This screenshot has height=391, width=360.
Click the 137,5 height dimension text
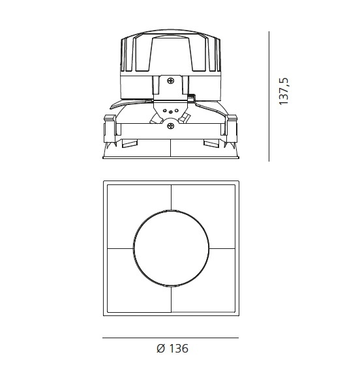tap(284, 91)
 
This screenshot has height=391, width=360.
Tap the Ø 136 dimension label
tap(172, 349)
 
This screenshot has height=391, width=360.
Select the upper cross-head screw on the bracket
tap(171, 81)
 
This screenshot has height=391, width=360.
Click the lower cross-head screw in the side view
tap(171, 126)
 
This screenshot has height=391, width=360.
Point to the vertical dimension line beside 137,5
tap(269, 96)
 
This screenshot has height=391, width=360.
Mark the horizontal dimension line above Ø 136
tap(171, 338)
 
